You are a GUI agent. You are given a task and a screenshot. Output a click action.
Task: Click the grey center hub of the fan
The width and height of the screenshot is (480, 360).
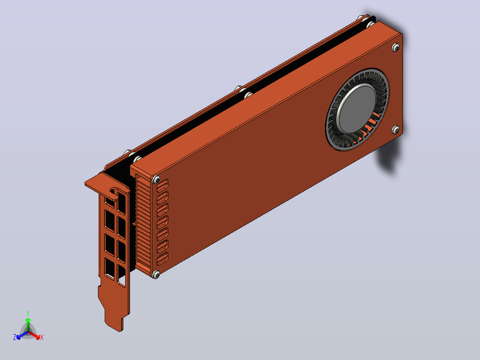point(356,108)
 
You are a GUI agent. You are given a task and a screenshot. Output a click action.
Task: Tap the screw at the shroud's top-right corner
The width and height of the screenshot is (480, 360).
point(395,48)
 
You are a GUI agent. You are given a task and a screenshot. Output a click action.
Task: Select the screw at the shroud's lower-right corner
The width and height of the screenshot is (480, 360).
point(395,130)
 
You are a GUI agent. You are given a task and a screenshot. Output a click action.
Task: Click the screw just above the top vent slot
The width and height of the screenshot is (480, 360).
point(156,180)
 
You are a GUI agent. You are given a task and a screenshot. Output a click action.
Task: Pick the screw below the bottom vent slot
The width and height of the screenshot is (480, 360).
point(156,274)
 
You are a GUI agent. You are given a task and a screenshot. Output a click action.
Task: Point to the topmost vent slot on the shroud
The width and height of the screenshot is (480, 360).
point(162,186)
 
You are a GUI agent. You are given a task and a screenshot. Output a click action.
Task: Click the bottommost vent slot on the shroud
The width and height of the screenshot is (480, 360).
point(162,259)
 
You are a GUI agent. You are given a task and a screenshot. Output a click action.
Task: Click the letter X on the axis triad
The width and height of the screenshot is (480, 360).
point(42,337)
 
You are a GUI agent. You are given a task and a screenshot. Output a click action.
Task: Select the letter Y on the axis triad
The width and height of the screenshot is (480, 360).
point(28,314)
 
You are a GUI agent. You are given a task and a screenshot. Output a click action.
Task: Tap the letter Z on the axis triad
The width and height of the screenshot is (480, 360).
point(15,337)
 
